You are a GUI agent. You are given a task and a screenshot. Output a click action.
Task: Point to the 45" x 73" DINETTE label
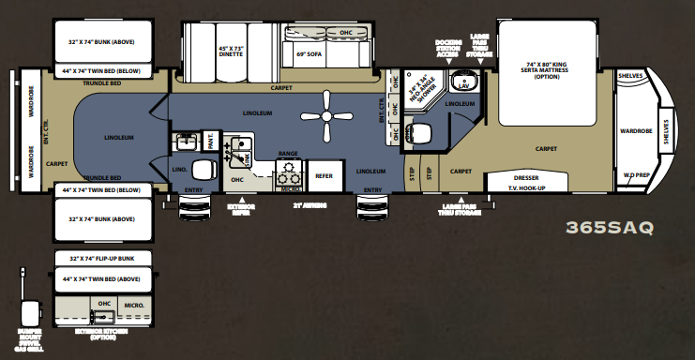[x=230, y=52]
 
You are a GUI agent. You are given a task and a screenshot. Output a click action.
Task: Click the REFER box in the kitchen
[x=324, y=175]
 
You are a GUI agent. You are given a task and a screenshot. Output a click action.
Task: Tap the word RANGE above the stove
[x=288, y=153]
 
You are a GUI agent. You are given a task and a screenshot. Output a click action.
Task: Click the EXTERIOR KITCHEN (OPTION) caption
[x=105, y=336]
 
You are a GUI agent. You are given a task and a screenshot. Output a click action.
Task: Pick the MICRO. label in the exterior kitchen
[x=131, y=305]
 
